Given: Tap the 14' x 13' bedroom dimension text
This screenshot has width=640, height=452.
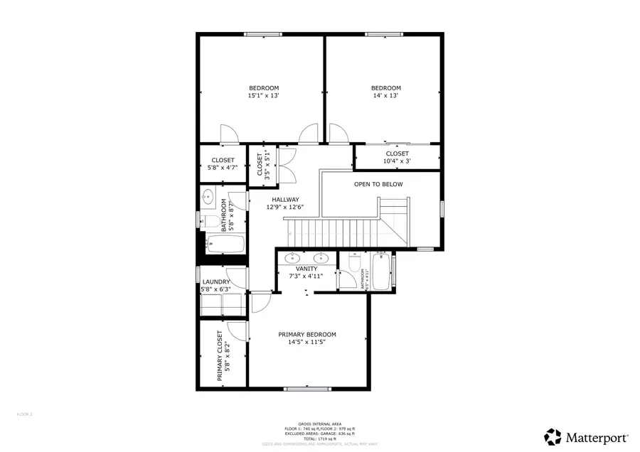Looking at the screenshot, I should pyautogui.click(x=385, y=96).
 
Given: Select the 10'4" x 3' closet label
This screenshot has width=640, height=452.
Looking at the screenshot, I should pyautogui.click(x=397, y=161).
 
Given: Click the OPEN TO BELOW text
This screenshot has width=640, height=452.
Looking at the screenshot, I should pyautogui.click(x=378, y=185).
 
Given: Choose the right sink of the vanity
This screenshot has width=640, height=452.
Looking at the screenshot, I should pyautogui.click(x=321, y=257).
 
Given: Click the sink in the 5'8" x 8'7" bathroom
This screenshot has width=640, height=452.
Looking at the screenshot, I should pyautogui.click(x=208, y=195).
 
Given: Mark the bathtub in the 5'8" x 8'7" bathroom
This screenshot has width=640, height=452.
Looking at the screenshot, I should pyautogui.click(x=224, y=244).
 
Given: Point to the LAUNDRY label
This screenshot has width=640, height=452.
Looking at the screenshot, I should pyautogui.click(x=215, y=282).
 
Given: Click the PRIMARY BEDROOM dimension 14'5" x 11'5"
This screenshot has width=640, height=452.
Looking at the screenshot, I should pyautogui.click(x=306, y=342).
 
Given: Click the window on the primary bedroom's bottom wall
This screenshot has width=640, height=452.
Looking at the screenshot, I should pyautogui.click(x=306, y=389).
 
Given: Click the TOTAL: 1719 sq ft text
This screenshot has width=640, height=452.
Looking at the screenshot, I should pyautogui.click(x=320, y=438).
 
